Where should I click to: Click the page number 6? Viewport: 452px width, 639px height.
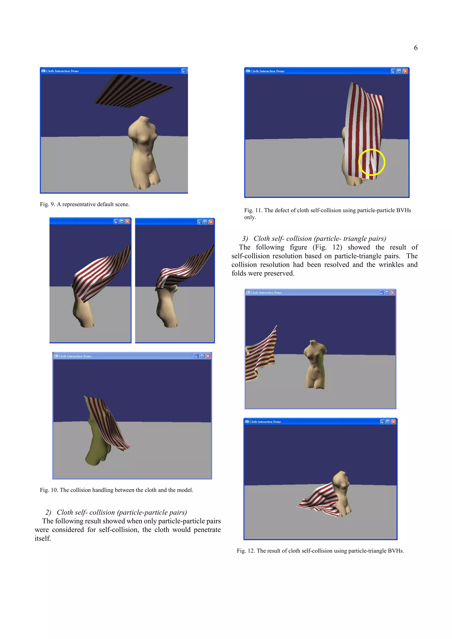pyautogui.click(x=416, y=48)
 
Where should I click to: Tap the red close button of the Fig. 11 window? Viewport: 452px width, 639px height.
pyautogui.click(x=405, y=71)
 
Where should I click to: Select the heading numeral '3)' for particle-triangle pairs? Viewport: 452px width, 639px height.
pyautogui.click(x=245, y=239)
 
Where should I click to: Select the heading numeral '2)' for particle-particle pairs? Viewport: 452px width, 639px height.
pyautogui.click(x=48, y=512)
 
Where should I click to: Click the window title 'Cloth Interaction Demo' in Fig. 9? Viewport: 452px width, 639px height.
pyautogui.click(x=62, y=71)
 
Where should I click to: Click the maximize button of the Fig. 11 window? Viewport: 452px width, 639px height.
pyautogui.click(x=399, y=71)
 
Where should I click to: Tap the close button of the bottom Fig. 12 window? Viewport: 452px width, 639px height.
pyautogui.click(x=394, y=422)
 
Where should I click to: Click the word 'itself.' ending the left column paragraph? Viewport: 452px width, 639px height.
pyautogui.click(x=43, y=539)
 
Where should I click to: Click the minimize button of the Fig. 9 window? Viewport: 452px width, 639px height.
pyautogui.click(x=183, y=71)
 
